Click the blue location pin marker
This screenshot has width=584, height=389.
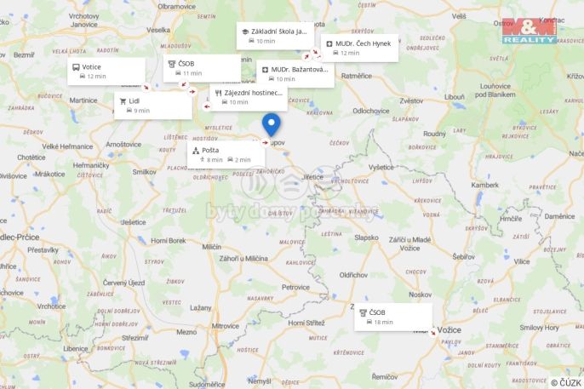click(x=272, y=124)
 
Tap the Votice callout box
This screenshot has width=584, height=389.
click(x=106, y=72)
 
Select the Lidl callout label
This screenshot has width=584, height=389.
click(x=153, y=105)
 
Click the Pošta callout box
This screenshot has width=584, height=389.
click(x=226, y=154)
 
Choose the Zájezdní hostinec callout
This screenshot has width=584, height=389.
click(x=248, y=97)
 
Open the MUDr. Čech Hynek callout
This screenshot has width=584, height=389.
click(x=359, y=48)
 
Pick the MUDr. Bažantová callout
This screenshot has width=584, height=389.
click(x=295, y=74)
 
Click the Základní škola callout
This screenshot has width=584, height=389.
click(x=275, y=36)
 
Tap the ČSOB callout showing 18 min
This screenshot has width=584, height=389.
click(x=393, y=317)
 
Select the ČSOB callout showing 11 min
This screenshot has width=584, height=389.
click(x=202, y=68)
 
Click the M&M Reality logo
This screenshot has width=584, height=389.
click(x=529, y=30)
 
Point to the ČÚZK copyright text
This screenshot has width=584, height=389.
click(x=566, y=382)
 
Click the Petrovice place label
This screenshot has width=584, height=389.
click(x=296, y=287)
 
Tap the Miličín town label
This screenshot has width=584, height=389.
click(x=212, y=246)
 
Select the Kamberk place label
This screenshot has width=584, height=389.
click(x=485, y=185)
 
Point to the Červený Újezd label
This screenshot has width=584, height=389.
click(x=125, y=282)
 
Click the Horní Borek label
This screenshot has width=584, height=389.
click(x=168, y=241)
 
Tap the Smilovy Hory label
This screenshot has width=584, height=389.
click(x=539, y=327)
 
